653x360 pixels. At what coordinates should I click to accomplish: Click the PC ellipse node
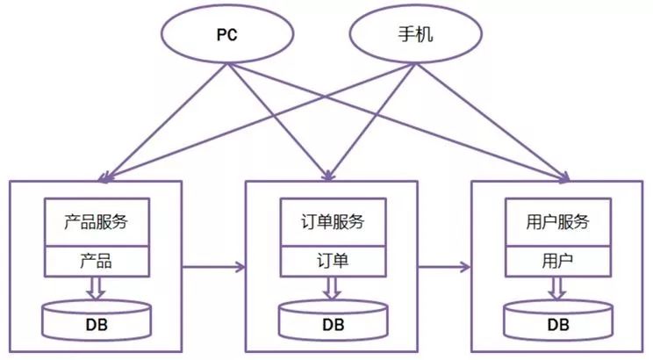click(227, 38)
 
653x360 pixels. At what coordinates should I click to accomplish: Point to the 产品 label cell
click(97, 261)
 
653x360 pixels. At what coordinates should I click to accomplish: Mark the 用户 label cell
click(559, 261)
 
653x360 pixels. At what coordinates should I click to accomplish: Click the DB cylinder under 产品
click(97, 320)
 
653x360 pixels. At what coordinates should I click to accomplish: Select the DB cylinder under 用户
click(559, 321)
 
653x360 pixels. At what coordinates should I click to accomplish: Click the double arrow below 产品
click(97, 287)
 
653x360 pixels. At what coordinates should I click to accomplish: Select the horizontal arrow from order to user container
click(445, 264)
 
